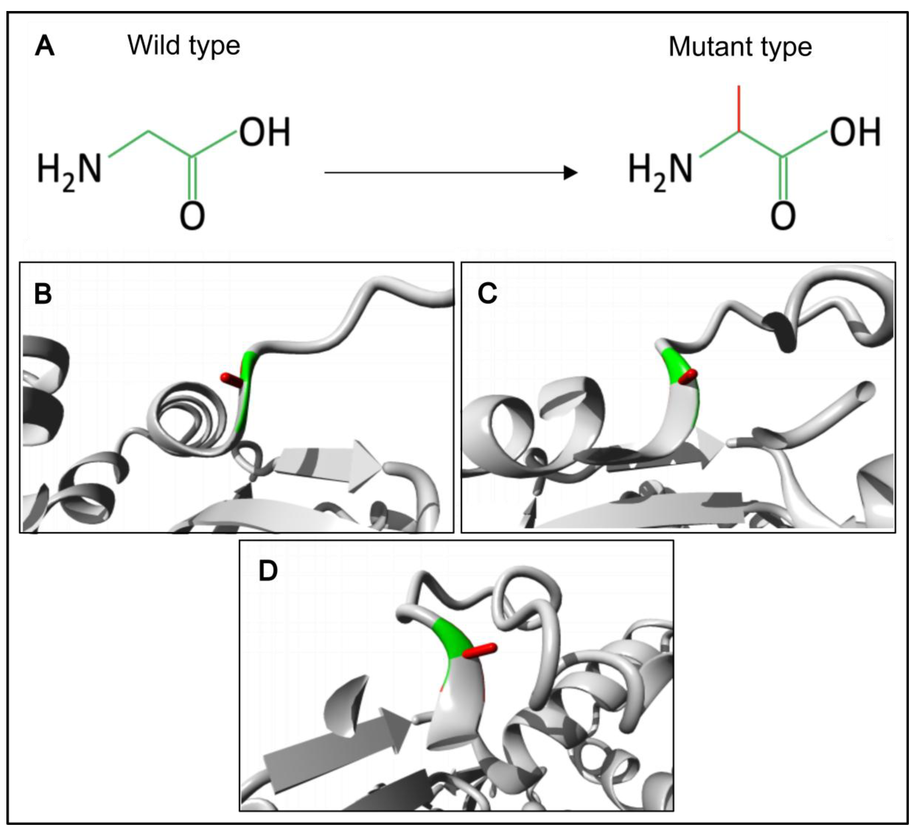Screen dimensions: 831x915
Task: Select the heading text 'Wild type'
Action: tap(184, 46)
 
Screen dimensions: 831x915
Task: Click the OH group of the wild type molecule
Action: tap(265, 133)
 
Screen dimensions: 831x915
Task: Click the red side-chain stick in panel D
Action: tap(480, 650)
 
